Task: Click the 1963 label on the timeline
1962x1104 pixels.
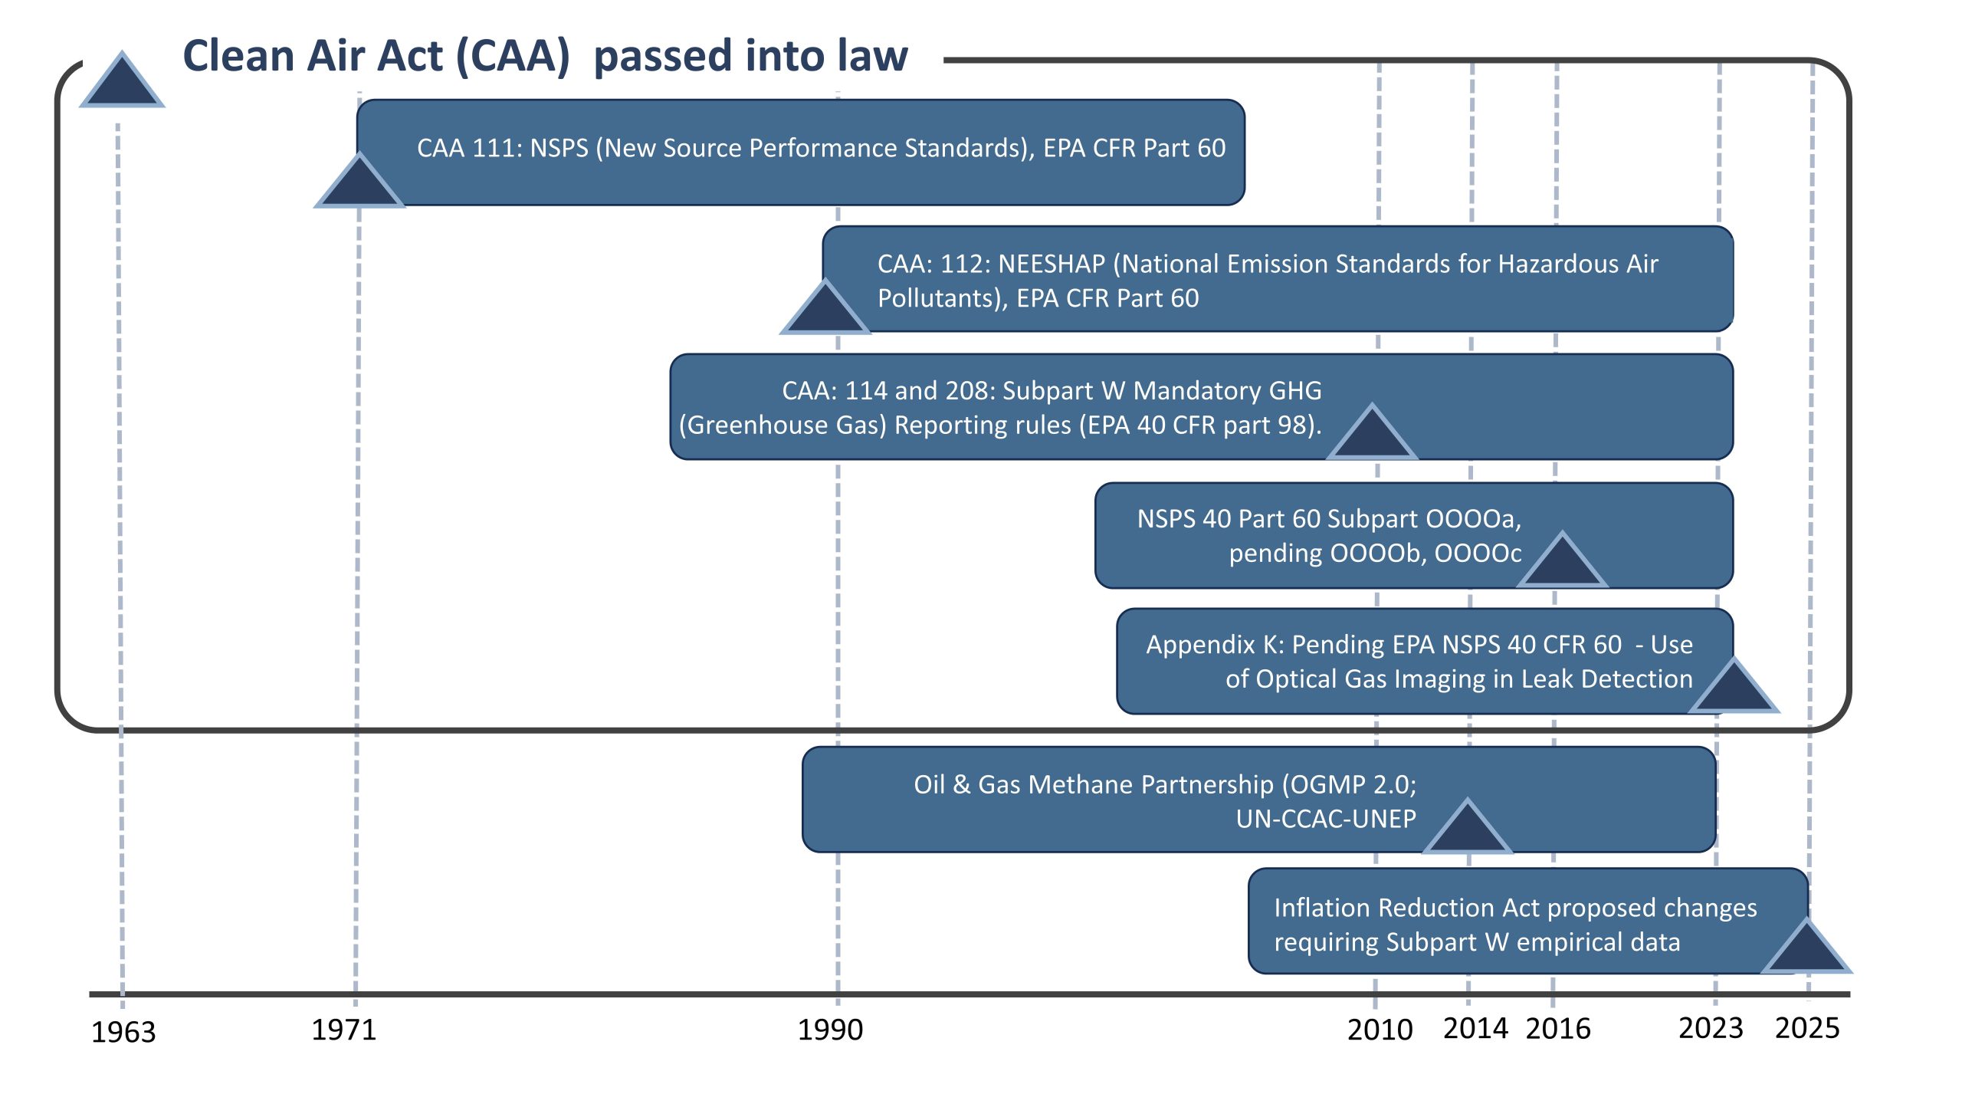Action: [x=123, y=1032]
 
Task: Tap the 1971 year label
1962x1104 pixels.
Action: [x=344, y=1030]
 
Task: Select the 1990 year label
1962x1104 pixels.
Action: [x=830, y=1030]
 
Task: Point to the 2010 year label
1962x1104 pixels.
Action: [x=1380, y=1030]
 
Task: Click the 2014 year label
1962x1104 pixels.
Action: [x=1475, y=1028]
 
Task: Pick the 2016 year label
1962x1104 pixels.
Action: [x=1558, y=1028]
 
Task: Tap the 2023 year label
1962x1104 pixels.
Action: [x=1711, y=1028]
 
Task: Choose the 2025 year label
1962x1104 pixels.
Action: [x=1807, y=1028]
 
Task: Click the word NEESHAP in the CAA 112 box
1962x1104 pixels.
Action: [x=1052, y=264]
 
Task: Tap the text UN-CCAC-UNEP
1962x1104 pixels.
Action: [x=1326, y=819]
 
